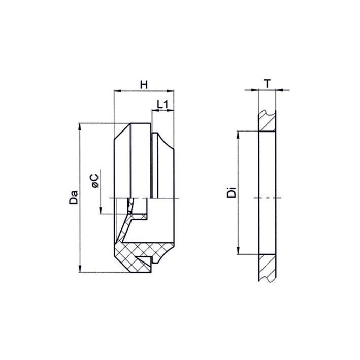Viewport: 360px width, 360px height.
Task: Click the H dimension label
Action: (144, 85)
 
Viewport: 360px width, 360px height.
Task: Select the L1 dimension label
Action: (163, 105)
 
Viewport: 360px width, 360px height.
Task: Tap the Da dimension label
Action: (74, 197)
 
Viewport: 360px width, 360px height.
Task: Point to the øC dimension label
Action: (95, 181)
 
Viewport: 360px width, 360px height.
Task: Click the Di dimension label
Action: (232, 192)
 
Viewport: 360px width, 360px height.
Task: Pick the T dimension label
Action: (267, 84)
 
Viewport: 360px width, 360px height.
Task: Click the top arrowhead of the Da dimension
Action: (80, 127)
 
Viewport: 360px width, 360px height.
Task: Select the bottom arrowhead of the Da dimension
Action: (80, 269)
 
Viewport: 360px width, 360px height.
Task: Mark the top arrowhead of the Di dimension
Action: (238, 135)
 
